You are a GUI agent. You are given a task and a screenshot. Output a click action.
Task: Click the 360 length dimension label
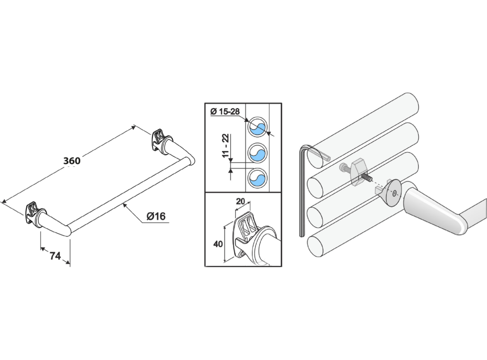coord(71,161)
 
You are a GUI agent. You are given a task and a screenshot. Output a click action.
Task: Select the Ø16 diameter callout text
coord(156,216)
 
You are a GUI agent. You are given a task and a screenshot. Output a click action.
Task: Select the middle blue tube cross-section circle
coord(257,153)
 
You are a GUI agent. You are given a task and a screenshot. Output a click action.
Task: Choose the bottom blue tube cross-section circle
coord(257,179)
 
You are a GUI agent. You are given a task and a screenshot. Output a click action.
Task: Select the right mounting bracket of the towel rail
coord(160,139)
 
